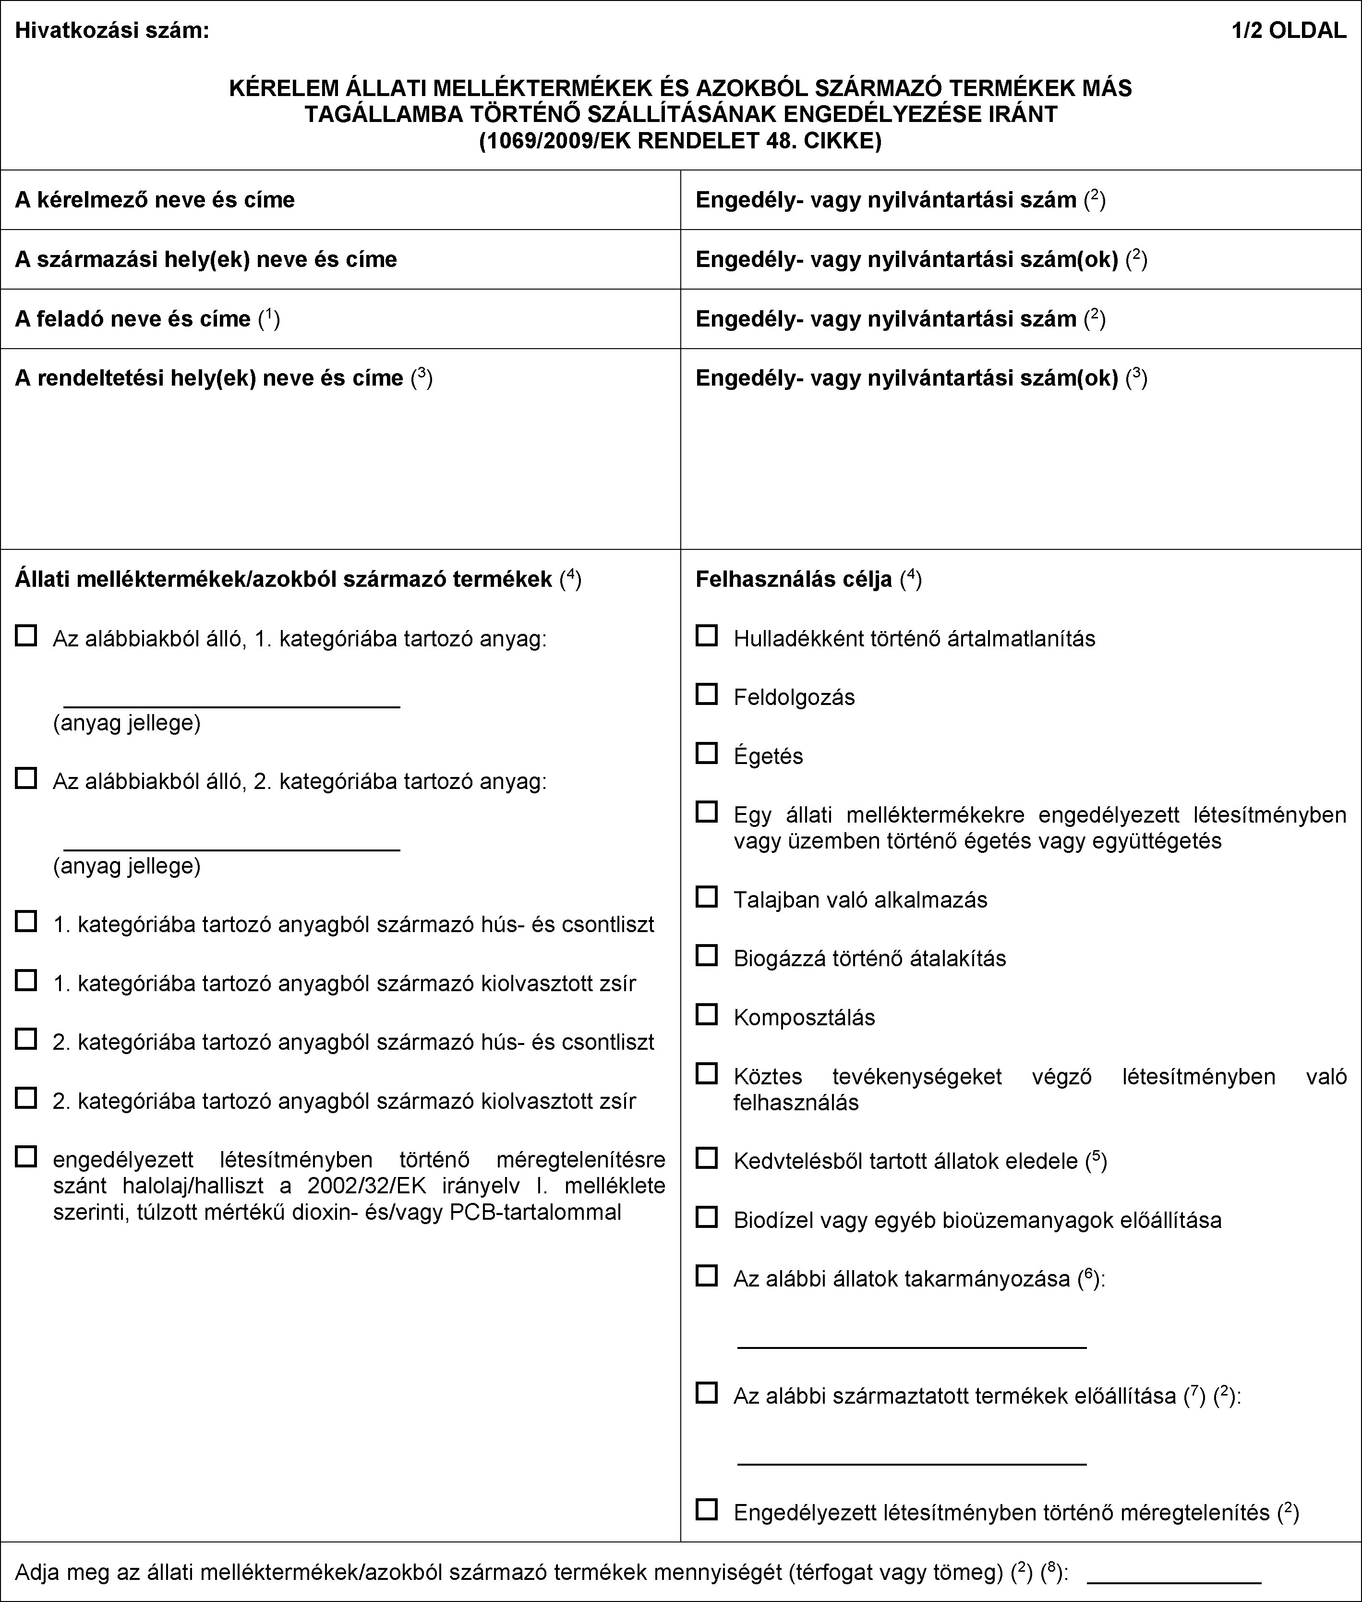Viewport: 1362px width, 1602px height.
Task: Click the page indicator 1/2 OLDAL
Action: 1289,31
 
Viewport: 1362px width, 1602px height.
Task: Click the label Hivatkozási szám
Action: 112,31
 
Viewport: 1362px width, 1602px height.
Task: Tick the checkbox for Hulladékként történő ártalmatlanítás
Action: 707,636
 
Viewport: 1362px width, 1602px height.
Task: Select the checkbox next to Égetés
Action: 707,753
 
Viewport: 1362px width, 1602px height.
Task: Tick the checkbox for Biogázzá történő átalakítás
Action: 707,956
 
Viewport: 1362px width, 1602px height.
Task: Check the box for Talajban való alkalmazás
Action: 707,897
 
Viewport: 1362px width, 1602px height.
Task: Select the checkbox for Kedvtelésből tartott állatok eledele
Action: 707,1158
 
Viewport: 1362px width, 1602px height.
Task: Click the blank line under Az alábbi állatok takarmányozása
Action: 912,1347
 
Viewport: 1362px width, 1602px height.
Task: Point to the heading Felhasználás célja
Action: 794,579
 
